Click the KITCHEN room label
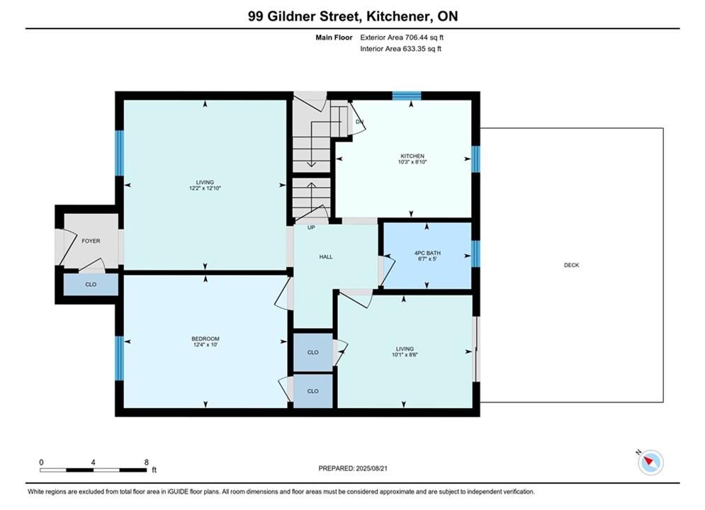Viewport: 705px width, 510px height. [412, 156]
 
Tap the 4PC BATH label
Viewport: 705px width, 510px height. [427, 253]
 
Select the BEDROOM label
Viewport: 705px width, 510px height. [205, 339]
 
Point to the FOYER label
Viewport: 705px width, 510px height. [91, 241]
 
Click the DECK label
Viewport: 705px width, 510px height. [572, 265]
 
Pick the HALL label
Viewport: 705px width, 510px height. [326, 257]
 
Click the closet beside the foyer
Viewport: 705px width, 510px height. [91, 285]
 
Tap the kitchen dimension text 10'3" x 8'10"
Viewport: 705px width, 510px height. [412, 161]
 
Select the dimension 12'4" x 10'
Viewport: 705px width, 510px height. [205, 345]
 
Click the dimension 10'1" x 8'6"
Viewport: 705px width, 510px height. [405, 355]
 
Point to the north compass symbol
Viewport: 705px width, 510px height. [650, 461]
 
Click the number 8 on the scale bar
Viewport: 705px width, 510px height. [147, 462]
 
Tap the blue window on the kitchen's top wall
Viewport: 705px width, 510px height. [407, 96]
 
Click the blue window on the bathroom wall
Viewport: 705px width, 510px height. [475, 254]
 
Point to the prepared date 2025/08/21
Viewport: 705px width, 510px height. [371, 468]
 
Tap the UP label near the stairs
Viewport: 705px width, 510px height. [311, 228]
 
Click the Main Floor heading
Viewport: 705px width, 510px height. [334, 38]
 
